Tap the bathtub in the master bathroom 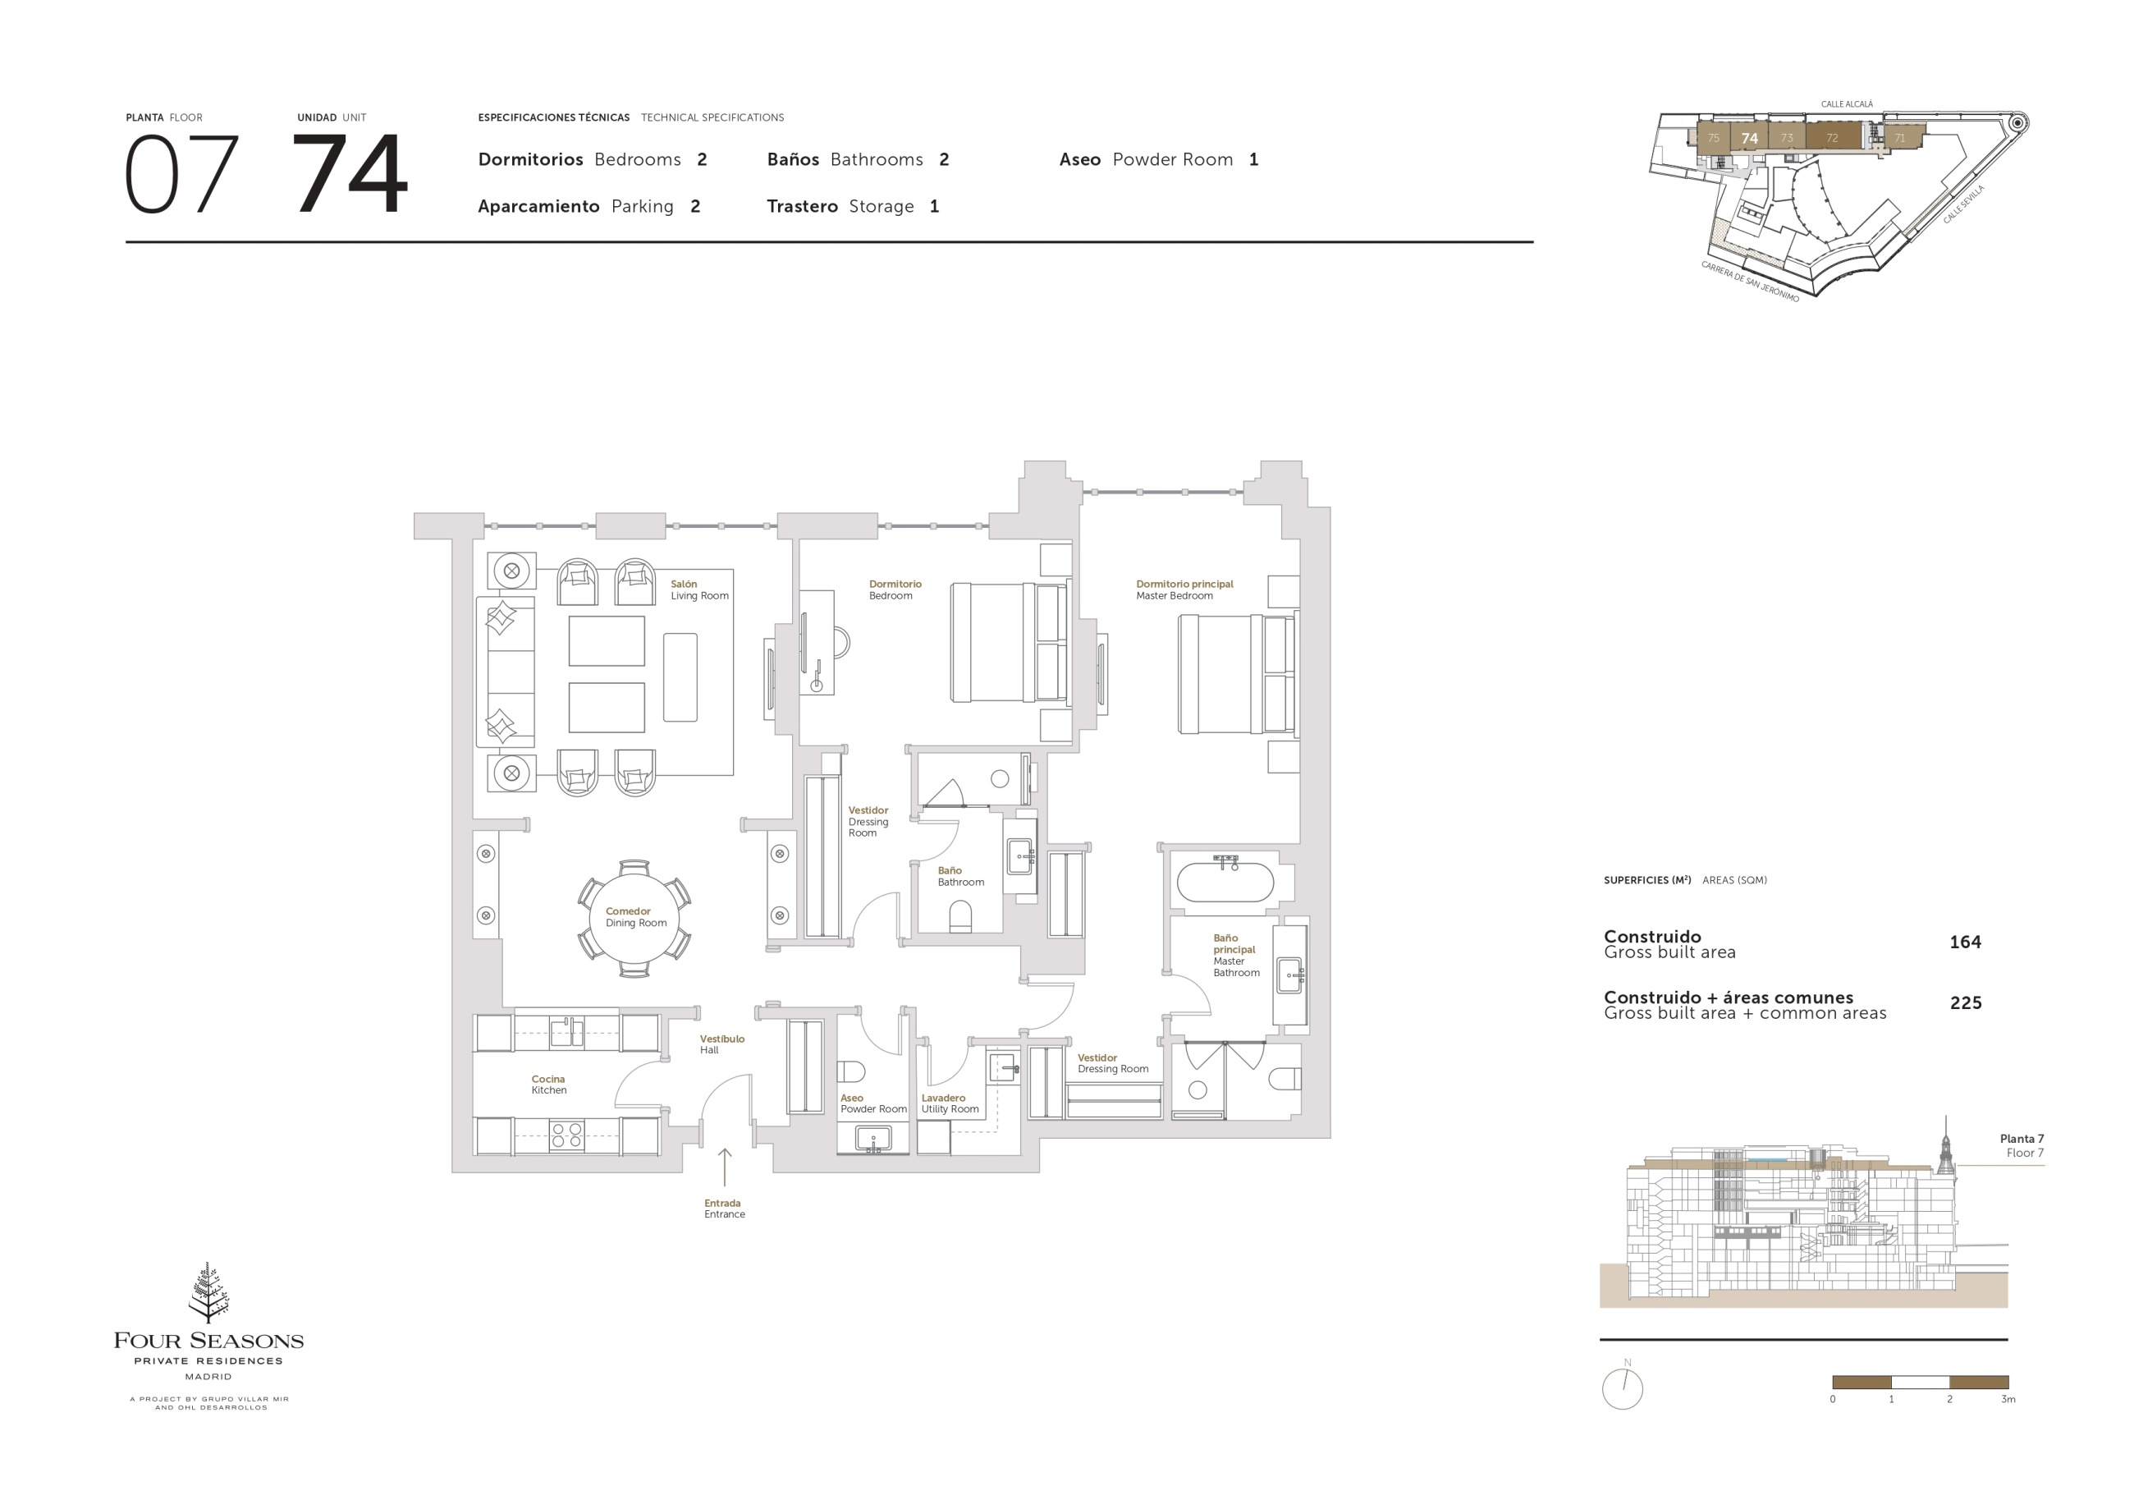[1225, 883]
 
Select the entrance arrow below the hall [724, 1167]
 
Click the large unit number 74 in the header [350, 174]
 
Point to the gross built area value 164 [1965, 942]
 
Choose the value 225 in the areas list [1966, 1002]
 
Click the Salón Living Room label [699, 589]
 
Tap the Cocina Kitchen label [548, 1084]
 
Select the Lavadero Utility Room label [950, 1103]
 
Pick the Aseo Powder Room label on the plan [872, 1103]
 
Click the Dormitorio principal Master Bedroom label [1184, 589]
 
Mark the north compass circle [1622, 1389]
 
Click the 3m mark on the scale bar [2008, 1398]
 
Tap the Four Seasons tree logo [209, 1292]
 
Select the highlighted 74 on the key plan [1749, 139]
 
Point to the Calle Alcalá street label [1847, 104]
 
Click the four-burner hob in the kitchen [566, 1135]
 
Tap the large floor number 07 [181, 174]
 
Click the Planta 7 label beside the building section [2022, 1138]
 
